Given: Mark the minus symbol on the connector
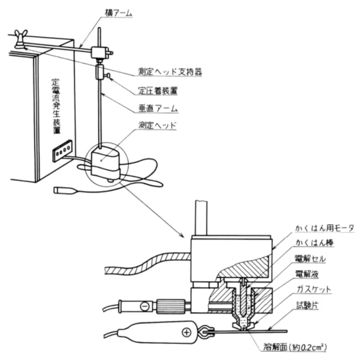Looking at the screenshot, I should pos(144,306).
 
